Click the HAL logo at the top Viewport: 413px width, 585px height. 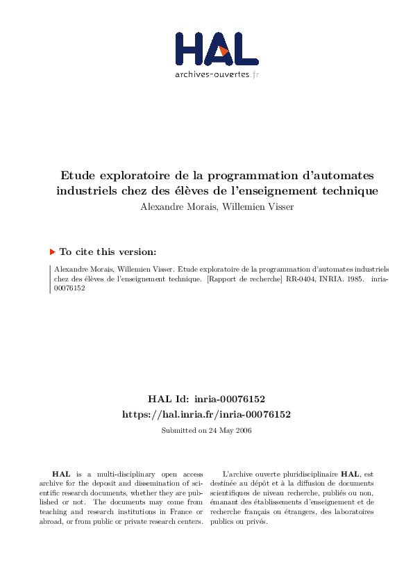pyautogui.click(x=217, y=49)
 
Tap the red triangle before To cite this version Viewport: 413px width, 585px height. pyautogui.click(x=52, y=252)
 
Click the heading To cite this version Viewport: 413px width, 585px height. pyautogui.click(x=108, y=252)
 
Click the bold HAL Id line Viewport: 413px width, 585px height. pyautogui.click(x=206, y=399)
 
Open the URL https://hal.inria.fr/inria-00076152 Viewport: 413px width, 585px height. pyautogui.click(x=206, y=414)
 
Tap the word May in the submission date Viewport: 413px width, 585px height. pyautogui.click(x=222, y=431)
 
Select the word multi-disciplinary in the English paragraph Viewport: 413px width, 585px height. pyautogui.click(x=109, y=472)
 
